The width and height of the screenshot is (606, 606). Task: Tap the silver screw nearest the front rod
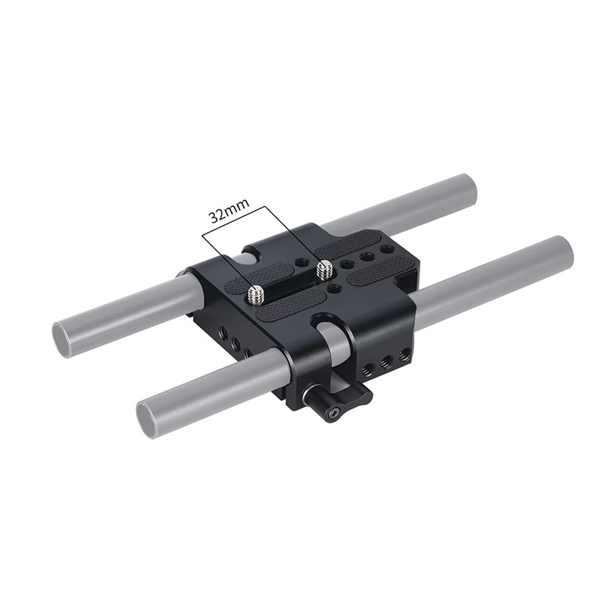255,291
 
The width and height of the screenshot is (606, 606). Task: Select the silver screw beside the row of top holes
325,267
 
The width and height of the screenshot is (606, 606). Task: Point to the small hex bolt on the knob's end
334,413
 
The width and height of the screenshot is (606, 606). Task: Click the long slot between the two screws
292,281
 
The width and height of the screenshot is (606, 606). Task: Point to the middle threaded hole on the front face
386,362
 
